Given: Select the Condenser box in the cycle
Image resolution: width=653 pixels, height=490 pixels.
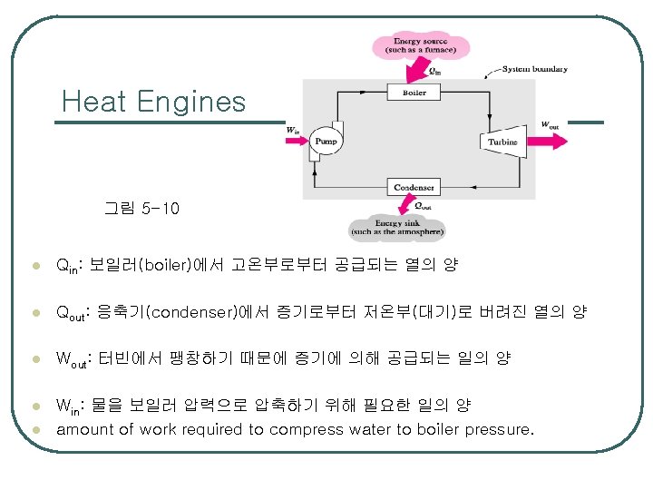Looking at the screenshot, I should tap(414, 187).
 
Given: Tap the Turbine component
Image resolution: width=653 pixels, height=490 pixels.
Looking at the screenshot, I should tap(502, 142).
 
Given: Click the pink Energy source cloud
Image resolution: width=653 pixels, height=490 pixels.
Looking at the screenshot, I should tap(419, 45).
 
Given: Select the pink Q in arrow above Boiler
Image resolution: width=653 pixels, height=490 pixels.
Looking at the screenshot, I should tap(421, 69).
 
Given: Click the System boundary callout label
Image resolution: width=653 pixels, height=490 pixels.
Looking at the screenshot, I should tap(535, 69).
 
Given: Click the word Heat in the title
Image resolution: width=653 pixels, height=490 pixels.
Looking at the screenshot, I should tap(94, 102).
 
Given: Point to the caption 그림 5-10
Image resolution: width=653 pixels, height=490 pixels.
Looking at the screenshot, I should tap(142, 209).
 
